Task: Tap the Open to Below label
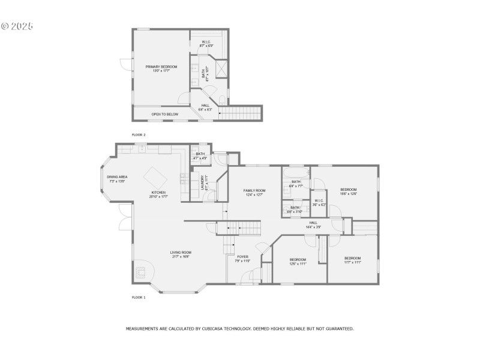click(x=164, y=114)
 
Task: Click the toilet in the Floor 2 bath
click(x=222, y=99)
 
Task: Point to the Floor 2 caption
click(x=139, y=135)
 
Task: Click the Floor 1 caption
click(x=139, y=297)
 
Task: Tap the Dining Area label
click(x=117, y=177)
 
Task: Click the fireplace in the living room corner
click(x=142, y=271)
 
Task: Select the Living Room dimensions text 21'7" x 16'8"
click(x=181, y=256)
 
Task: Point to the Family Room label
click(x=254, y=190)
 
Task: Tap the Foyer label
click(x=242, y=256)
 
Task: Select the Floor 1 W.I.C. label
click(x=319, y=200)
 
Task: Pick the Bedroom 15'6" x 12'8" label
click(x=348, y=190)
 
